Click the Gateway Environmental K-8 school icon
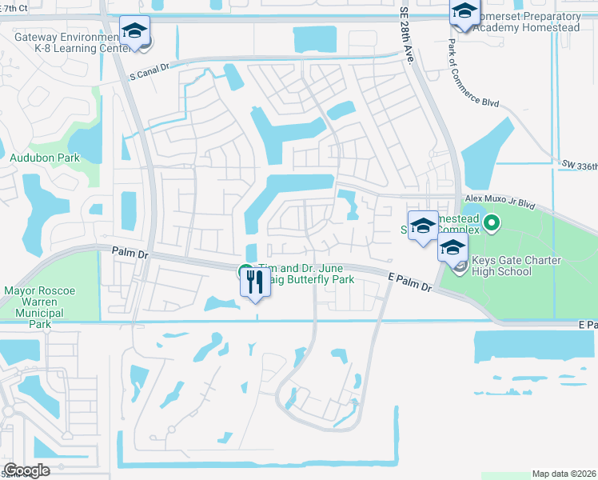click(x=134, y=32)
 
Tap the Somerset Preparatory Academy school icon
click(x=463, y=12)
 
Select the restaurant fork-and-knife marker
click(x=256, y=281)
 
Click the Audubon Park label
click(x=44, y=158)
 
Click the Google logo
click(x=26, y=470)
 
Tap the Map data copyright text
click(x=564, y=474)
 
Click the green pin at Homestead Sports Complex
click(x=492, y=224)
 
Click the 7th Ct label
click(x=16, y=8)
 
